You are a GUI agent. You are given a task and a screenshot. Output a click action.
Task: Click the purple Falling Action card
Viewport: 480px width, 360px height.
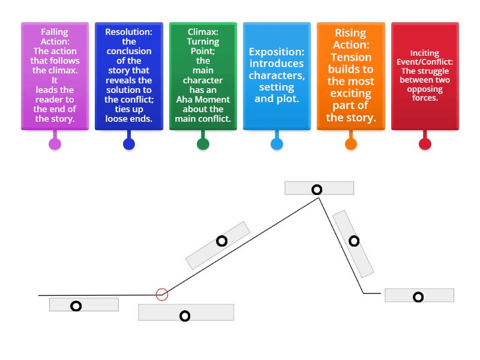coord(55,76)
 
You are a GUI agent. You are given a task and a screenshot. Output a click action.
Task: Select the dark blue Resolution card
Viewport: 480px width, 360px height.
coord(128,76)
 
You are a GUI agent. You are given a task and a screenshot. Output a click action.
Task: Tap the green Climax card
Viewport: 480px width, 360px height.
coord(203,76)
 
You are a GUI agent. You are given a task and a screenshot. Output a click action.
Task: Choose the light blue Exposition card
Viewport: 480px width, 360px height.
coord(277,76)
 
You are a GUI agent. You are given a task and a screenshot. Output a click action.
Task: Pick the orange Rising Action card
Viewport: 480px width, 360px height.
coord(351,76)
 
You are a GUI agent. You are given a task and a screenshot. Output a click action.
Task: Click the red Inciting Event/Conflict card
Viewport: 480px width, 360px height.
coord(425,76)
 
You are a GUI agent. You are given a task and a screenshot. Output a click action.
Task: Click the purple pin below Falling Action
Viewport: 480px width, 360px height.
coord(55,143)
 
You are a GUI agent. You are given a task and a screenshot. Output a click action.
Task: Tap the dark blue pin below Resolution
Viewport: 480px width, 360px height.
coord(128,143)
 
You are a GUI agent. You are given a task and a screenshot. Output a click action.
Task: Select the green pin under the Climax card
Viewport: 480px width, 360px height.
coord(203,143)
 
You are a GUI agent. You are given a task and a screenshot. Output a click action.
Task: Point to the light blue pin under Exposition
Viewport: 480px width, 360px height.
coord(277,143)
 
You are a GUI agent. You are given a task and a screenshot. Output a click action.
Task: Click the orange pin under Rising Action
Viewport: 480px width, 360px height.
coord(351,143)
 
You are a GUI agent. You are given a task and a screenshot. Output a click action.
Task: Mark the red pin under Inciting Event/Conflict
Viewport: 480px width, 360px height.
coord(425,143)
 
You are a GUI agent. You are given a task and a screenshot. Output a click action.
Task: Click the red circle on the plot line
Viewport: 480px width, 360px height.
coord(161,294)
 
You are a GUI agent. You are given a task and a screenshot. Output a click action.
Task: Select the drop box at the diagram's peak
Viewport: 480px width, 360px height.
coord(319,188)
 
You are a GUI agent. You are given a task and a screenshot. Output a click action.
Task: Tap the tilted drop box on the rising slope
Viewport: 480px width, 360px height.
coord(218,245)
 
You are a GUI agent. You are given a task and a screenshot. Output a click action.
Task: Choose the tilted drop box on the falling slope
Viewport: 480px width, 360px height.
coord(353,243)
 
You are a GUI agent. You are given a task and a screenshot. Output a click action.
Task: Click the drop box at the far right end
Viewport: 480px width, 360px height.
coord(419,295)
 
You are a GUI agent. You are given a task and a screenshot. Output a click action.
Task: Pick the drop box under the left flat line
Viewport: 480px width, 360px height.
coord(84,305)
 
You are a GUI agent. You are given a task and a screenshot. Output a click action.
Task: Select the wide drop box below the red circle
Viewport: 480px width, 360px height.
coord(186,313)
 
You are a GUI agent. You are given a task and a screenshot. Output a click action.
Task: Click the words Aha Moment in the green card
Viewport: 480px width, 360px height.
coord(203,100)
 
